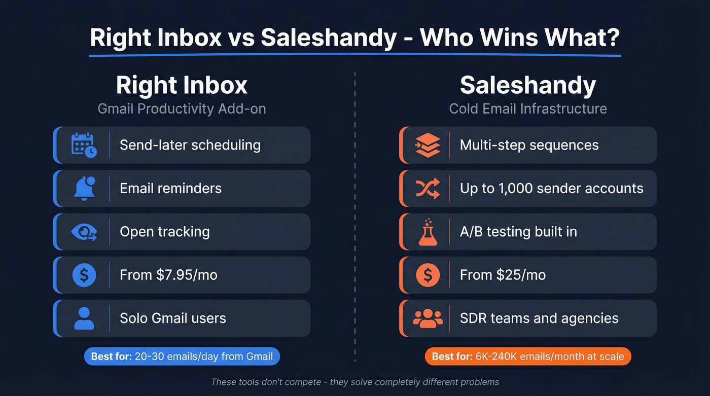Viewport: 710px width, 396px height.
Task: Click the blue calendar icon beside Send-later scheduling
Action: click(84, 145)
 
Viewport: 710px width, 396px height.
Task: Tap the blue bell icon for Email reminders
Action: click(84, 188)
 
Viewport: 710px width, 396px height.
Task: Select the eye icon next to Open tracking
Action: click(84, 232)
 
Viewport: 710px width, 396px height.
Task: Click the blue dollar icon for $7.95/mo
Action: click(84, 275)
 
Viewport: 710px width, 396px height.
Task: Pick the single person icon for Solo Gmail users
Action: click(84, 318)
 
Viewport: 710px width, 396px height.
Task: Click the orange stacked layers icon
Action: click(428, 145)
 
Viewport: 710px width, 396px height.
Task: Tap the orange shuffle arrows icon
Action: click(428, 188)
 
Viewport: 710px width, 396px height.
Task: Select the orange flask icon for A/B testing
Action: click(428, 232)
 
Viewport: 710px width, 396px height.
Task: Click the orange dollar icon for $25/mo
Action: click(428, 275)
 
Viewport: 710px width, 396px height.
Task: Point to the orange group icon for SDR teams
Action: click(428, 318)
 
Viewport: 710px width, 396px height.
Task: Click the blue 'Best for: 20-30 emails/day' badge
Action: click(182, 356)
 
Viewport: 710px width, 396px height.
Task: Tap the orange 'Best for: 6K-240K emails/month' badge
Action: click(527, 356)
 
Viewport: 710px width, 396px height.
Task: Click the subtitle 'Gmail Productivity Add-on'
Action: click(182, 109)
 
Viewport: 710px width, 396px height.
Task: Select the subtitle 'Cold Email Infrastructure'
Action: click(527, 109)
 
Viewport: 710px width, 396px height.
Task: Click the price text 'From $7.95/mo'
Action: click(168, 275)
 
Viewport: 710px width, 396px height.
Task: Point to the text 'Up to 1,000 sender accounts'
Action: click(551, 188)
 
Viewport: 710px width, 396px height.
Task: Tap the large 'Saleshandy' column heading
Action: click(527, 85)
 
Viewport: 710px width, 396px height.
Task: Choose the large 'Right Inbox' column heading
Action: click(182, 85)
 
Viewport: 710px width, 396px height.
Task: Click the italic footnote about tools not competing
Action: click(355, 382)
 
